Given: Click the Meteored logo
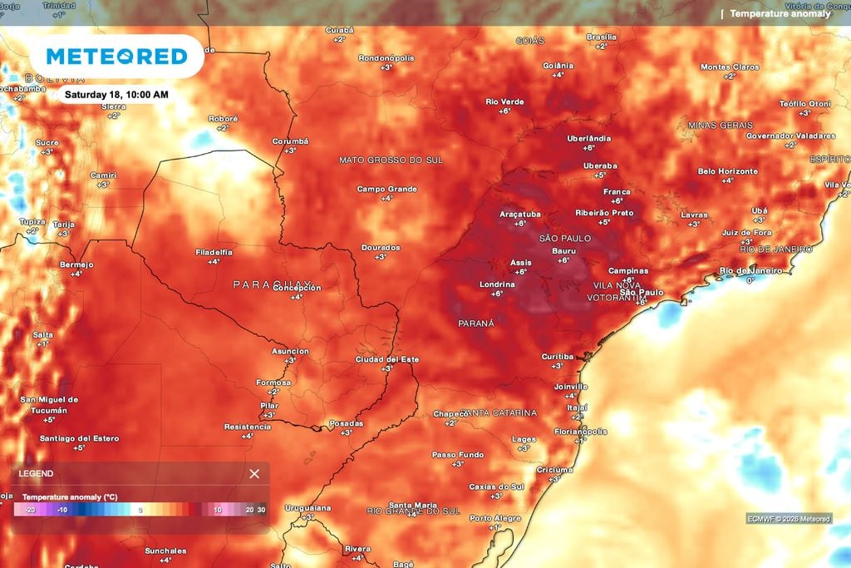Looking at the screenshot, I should (116, 57).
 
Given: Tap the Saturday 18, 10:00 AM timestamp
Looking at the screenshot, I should (116, 95).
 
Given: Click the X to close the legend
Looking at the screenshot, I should (254, 474).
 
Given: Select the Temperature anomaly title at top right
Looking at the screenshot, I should (780, 13).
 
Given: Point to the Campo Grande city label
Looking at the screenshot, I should (386, 189).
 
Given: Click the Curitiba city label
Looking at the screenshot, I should (558, 356).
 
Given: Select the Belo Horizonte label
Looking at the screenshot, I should (727, 171).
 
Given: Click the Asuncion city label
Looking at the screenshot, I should (290, 351).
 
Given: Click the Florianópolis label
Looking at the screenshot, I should (581, 432).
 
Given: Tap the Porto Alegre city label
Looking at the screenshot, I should (495, 518).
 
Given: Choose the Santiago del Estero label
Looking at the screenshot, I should (79, 438).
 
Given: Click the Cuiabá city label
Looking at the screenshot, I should (339, 30).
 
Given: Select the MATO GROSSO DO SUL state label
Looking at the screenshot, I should (391, 160).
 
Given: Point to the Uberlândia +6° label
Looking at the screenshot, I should (588, 142).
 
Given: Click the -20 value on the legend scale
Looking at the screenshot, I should (30, 510).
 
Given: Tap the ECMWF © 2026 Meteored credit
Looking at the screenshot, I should (788, 519).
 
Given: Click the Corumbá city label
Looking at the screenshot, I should (290, 141).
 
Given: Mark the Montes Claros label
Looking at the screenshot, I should (730, 67).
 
